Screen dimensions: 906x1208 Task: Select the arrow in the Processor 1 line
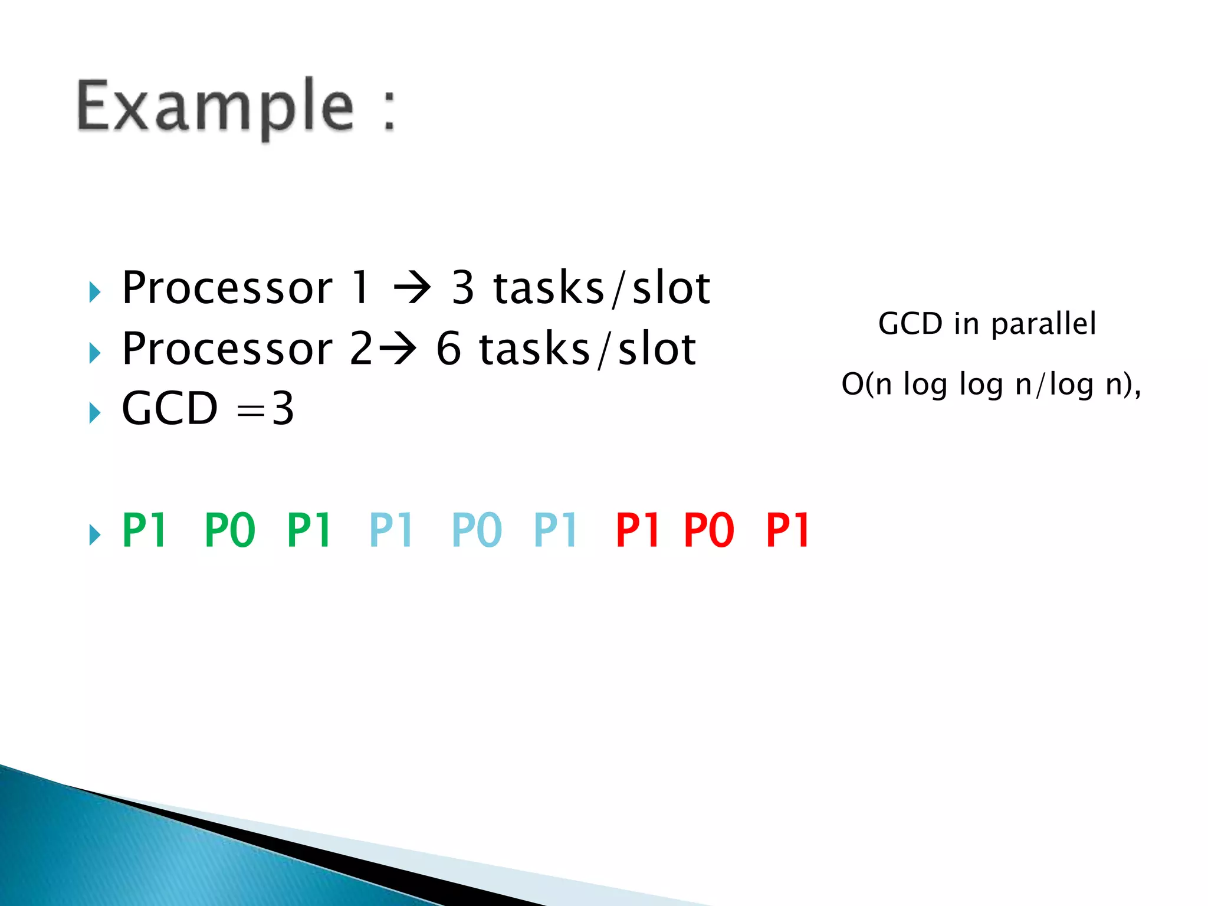click(x=412, y=289)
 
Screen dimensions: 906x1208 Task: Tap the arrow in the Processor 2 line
click(x=397, y=350)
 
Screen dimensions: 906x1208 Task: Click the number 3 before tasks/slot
click(x=463, y=288)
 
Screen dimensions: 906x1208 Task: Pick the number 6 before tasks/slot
click(x=448, y=349)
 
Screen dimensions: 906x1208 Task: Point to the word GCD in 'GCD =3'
click(x=170, y=408)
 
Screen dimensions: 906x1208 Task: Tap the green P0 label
click(x=229, y=530)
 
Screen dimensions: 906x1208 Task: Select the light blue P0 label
click(x=476, y=530)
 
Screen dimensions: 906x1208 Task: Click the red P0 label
click(x=708, y=530)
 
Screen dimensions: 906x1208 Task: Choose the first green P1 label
click(x=145, y=530)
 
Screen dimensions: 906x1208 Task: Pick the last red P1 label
click(x=788, y=530)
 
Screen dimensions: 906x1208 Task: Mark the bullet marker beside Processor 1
click(x=95, y=292)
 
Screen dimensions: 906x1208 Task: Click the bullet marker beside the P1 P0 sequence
click(x=95, y=534)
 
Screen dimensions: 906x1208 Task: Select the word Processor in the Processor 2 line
click(x=227, y=349)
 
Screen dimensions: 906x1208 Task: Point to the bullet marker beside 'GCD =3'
click(x=95, y=412)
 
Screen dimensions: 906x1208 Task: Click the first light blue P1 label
click(x=390, y=530)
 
